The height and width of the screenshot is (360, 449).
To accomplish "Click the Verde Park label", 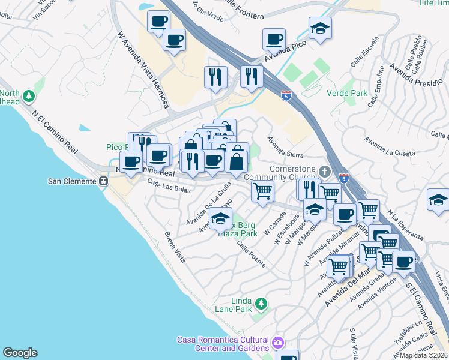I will point(346,94).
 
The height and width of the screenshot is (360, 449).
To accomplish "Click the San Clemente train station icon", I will point(104,181).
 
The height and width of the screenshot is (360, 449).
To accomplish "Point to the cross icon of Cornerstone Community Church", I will point(324,172).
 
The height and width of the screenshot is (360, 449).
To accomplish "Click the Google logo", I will point(20,353).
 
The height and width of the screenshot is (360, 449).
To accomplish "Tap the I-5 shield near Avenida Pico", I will point(287,94).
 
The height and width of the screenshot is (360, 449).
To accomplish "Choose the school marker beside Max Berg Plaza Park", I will point(221,220).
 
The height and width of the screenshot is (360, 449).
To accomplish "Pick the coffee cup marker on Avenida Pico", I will point(274,40).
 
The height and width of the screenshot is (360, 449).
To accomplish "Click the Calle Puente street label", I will point(250,254).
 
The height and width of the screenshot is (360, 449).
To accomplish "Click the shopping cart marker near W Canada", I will point(262,191).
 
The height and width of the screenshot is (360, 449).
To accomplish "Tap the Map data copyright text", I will point(424,355).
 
